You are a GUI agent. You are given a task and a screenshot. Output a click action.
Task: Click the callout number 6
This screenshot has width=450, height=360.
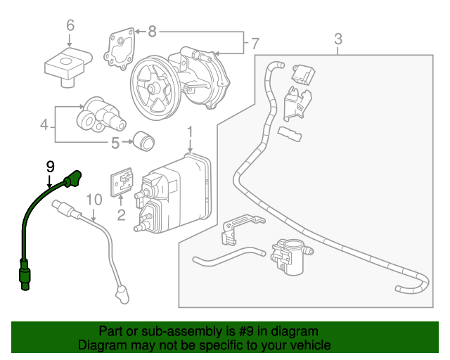tap(70, 27)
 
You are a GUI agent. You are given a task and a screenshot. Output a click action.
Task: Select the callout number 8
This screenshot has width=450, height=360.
tap(152, 31)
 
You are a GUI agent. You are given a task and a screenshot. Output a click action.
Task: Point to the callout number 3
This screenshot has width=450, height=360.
tap(338, 39)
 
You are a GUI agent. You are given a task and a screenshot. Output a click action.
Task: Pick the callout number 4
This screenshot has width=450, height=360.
tap(44, 127)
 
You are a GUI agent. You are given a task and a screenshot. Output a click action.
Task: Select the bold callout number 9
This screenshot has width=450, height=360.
tap(50, 166)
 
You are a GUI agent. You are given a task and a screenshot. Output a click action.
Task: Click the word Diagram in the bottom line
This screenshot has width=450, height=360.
tap(102, 345)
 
